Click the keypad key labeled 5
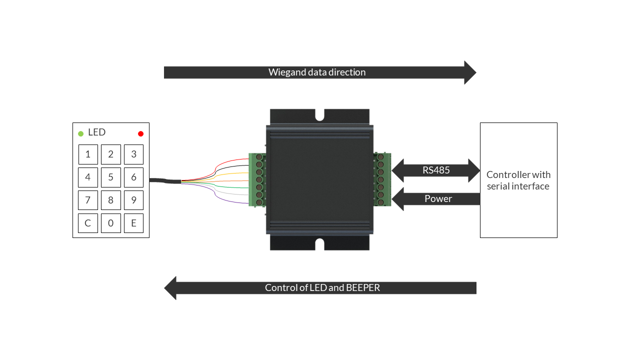[x=111, y=177]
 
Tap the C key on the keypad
[x=88, y=223]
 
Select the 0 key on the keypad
[x=111, y=223]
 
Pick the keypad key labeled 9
[x=133, y=200]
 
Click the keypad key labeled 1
[x=88, y=154]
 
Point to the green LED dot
[x=81, y=133]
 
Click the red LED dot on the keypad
[x=140, y=133]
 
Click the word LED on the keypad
[x=97, y=132]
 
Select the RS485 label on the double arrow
[x=436, y=170]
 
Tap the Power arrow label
[x=438, y=198]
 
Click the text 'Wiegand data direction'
[x=317, y=72]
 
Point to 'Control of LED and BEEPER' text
[x=322, y=287]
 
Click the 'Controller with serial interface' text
[x=518, y=180]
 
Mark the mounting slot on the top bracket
[x=319, y=115]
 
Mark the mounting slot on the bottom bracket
[x=319, y=244]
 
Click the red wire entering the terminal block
[x=225, y=162]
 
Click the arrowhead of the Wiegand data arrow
[x=470, y=72]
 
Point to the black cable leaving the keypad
[x=165, y=180]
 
